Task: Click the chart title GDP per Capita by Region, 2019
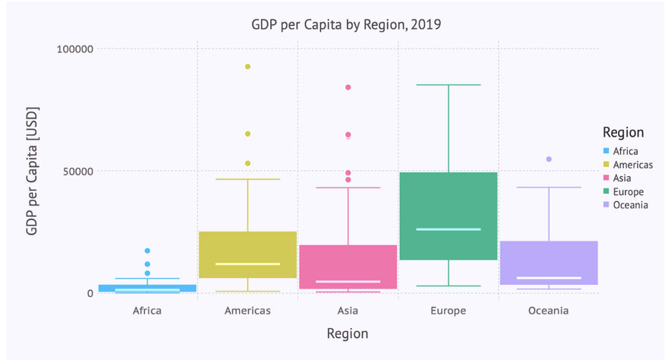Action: coord(346,25)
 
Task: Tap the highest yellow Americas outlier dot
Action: coord(247,67)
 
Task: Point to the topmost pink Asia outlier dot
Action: coord(348,87)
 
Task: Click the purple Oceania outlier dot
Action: coord(548,159)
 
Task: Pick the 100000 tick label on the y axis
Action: coord(74,49)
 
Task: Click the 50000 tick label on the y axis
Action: coord(77,171)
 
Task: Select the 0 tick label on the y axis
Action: coord(89,293)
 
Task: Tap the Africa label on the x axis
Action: coord(147,311)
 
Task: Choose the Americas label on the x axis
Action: coord(247,311)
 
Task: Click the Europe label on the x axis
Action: coord(448,311)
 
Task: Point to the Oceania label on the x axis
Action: coord(548,311)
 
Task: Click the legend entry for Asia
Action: coord(622,178)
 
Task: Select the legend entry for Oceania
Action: coord(630,205)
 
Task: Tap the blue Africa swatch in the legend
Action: coord(605,151)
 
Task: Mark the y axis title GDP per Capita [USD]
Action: coord(33,171)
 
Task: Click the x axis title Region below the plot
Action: coord(347,333)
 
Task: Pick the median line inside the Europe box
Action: coord(448,229)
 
